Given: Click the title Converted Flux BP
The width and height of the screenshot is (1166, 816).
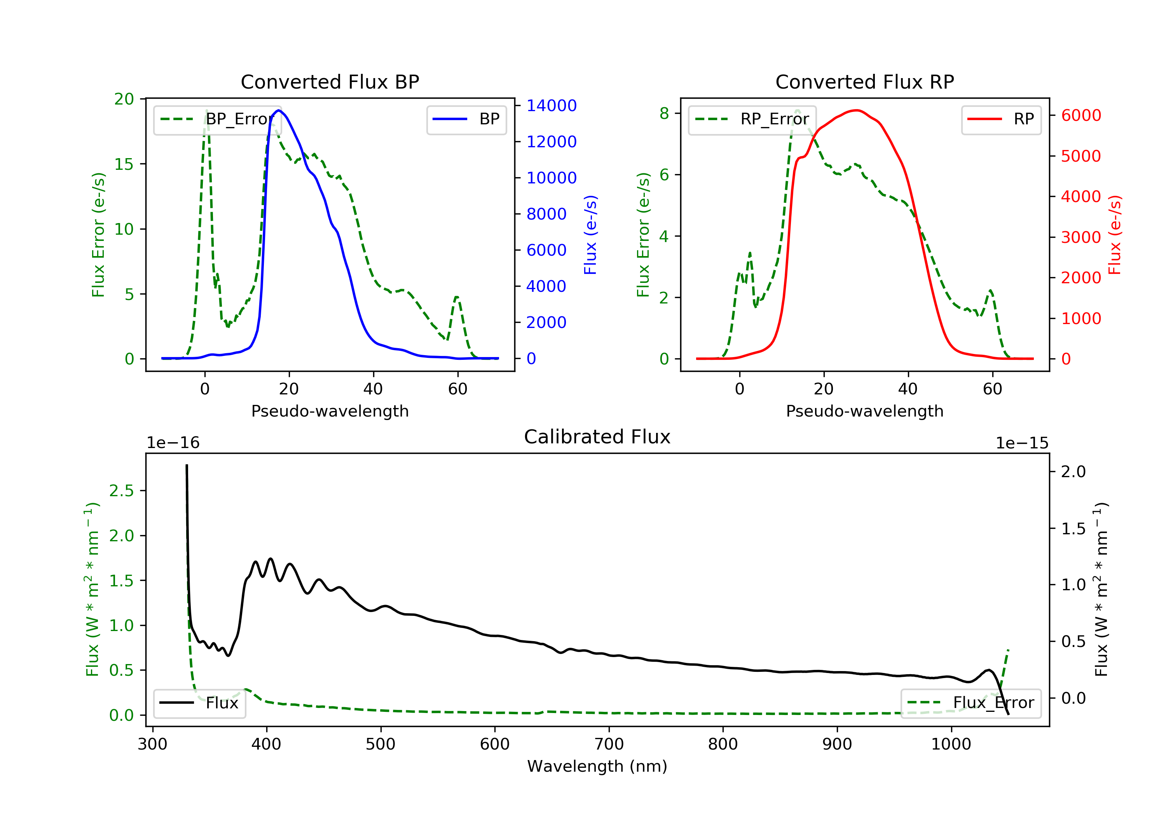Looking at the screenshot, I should coord(330,82).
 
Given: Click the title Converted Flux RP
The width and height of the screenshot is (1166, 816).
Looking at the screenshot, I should coord(864,82).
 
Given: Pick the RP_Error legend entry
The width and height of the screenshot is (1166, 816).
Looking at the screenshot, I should coord(752,119).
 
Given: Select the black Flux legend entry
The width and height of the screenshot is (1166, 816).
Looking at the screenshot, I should coord(200,703).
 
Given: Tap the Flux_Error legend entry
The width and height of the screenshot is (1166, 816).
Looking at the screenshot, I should coord(971,703).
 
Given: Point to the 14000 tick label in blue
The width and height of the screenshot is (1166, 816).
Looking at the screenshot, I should coord(551,106).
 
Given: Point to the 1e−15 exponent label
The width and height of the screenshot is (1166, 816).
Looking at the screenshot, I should coord(1022,443).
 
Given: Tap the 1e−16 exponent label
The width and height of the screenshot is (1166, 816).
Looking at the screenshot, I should coord(173,443).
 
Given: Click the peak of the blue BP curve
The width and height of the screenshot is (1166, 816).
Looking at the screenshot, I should coord(278,110).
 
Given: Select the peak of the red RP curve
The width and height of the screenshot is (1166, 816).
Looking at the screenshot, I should coord(857,110).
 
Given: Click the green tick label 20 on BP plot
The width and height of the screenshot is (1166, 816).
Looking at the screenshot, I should coord(124,99).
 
